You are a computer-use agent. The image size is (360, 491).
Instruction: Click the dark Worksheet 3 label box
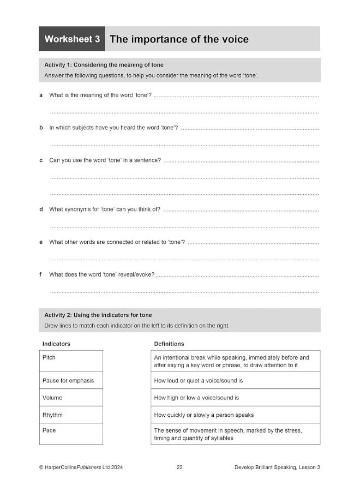pyautogui.click(x=72, y=39)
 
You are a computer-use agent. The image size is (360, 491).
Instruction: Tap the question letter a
pyautogui.click(x=41, y=95)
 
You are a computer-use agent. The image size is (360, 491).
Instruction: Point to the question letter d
pyautogui.click(x=41, y=209)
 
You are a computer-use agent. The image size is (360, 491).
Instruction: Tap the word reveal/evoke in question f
pyautogui.click(x=135, y=274)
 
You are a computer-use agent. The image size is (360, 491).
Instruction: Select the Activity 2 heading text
pyautogui.click(x=98, y=315)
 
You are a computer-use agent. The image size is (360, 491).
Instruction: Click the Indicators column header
pyautogui.click(x=56, y=344)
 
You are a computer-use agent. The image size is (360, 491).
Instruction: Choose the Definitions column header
pyautogui.click(x=169, y=344)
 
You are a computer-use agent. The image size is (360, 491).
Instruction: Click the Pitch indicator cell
pyautogui.click(x=71, y=361)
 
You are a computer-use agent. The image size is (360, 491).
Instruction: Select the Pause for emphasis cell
pyautogui.click(x=71, y=380)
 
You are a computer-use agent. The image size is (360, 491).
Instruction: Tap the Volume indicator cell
pyautogui.click(x=71, y=398)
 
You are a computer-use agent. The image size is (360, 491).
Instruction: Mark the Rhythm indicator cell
pyautogui.click(x=71, y=415)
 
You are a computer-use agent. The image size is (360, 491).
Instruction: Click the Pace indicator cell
pyautogui.click(x=71, y=434)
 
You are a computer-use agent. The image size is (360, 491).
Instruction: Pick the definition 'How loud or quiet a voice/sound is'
pyautogui.click(x=199, y=380)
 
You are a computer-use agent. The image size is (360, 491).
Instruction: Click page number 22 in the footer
pyautogui.click(x=179, y=467)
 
